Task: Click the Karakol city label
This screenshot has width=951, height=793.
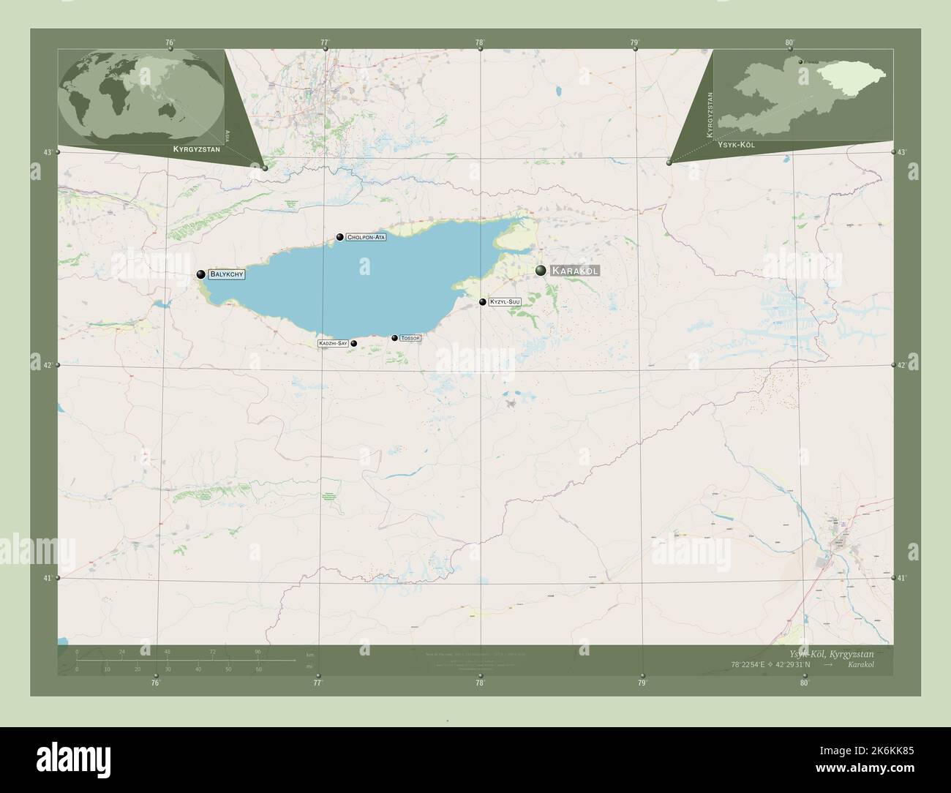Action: click(574, 271)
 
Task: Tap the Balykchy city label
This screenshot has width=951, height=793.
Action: click(225, 274)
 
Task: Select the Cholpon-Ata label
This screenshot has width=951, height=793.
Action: click(366, 237)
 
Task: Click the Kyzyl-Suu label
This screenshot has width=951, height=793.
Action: click(505, 301)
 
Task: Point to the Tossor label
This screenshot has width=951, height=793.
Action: click(410, 338)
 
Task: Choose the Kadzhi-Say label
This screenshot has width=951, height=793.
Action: click(332, 343)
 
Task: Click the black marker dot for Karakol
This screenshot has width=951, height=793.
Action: click(541, 271)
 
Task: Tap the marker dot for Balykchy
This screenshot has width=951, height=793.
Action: click(200, 274)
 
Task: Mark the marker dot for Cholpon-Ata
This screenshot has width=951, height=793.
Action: click(340, 237)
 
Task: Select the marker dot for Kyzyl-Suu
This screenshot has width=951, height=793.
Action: click(483, 302)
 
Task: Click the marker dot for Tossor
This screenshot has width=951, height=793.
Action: click(395, 338)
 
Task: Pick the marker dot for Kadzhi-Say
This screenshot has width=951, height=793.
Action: click(353, 343)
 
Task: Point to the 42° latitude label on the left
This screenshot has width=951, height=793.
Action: click(48, 365)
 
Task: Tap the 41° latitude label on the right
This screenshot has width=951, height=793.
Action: click(903, 578)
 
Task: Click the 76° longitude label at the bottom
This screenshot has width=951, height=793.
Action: click(155, 683)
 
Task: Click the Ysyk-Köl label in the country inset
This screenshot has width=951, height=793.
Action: click(737, 145)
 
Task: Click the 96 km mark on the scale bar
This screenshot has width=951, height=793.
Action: click(258, 651)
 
